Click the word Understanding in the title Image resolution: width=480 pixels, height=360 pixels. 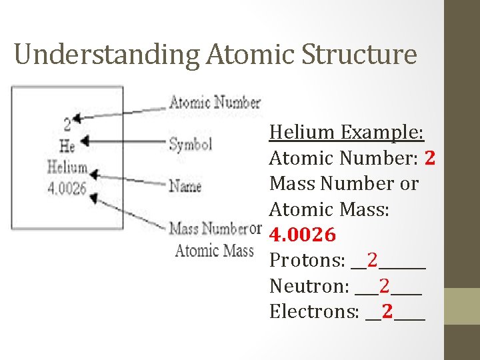click(x=107, y=55)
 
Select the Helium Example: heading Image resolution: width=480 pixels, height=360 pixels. click(x=346, y=132)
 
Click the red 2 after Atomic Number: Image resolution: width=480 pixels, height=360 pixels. click(x=429, y=158)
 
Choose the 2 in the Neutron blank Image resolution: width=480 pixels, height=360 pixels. click(x=385, y=286)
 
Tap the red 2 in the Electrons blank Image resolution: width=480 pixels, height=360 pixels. click(x=387, y=311)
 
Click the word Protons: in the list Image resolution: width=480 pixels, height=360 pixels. click(x=307, y=261)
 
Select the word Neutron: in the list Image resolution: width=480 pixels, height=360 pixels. click(x=309, y=286)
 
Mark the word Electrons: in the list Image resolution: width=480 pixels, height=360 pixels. click(x=315, y=311)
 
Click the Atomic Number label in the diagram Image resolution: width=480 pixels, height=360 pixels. click(x=214, y=103)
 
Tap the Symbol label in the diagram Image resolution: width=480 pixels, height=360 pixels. click(x=190, y=143)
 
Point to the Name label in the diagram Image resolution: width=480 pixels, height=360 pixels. click(x=185, y=186)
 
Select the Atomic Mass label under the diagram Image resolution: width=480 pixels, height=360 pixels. click(x=214, y=251)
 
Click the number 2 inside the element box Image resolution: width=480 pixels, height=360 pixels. click(x=67, y=124)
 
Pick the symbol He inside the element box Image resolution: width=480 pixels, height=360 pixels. click(x=67, y=144)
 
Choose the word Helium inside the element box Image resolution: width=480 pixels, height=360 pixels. click(x=67, y=167)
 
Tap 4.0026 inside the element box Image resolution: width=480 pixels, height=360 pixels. click(x=67, y=188)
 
